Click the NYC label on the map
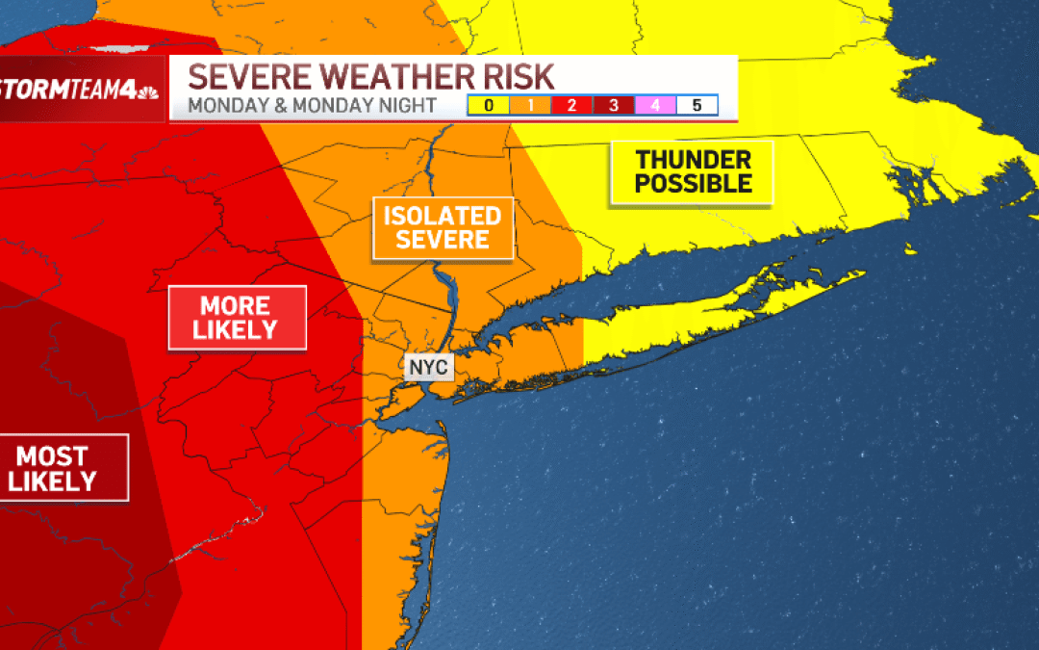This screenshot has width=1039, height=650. [428, 368]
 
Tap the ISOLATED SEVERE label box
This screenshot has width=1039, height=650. [443, 228]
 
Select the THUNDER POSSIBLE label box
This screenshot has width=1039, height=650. [693, 172]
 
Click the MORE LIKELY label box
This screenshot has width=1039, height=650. [237, 318]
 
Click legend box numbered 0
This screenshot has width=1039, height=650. [489, 105]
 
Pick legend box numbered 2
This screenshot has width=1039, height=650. [571, 105]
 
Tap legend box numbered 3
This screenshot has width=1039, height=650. [613, 105]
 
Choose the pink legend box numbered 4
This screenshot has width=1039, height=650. [655, 105]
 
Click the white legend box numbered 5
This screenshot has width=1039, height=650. [697, 105]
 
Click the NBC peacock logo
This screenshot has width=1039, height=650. [149, 93]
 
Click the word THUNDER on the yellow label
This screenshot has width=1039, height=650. [693, 160]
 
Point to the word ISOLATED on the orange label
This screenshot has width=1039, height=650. [443, 216]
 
